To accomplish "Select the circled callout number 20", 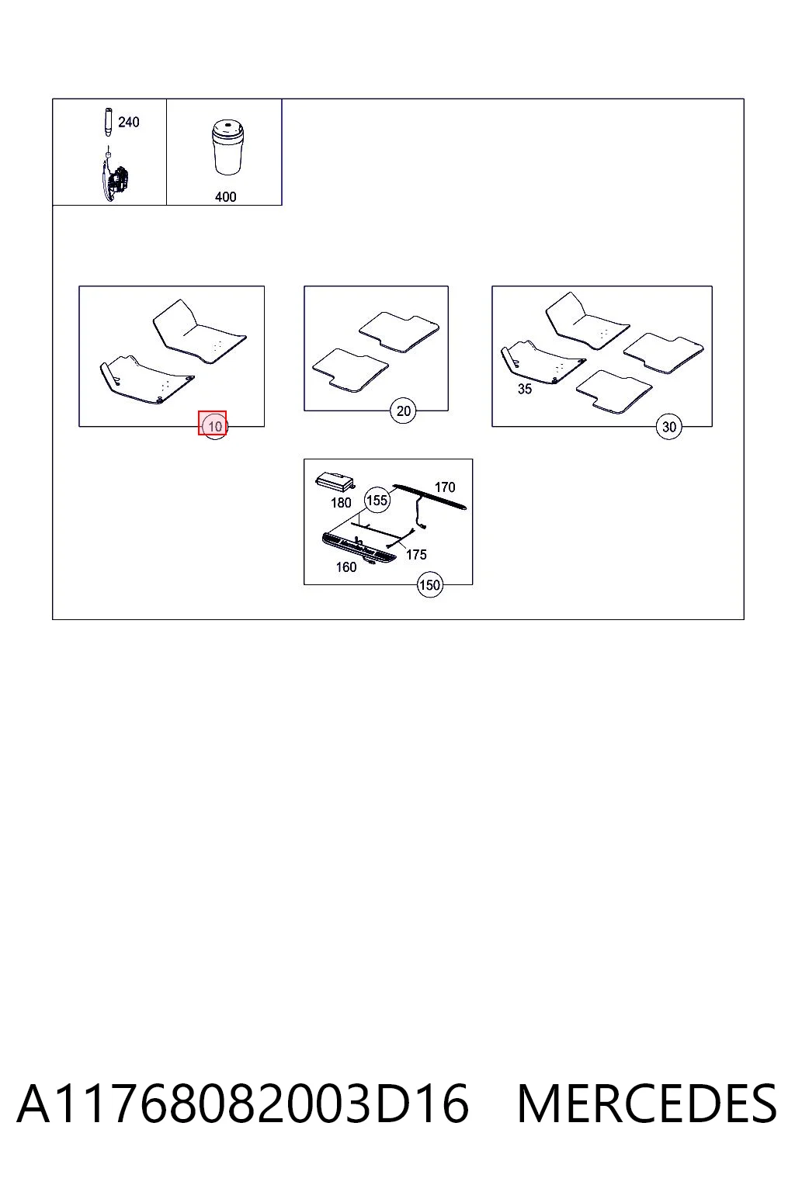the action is click(x=403, y=411).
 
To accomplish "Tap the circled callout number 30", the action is click(x=668, y=427).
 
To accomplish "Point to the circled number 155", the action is click(x=377, y=501).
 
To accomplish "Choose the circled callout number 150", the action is click(x=429, y=585).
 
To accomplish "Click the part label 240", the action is click(x=128, y=123).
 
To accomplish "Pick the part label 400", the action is click(x=225, y=197).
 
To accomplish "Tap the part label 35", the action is click(x=525, y=389).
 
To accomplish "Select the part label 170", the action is click(x=445, y=487).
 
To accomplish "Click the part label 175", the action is click(x=416, y=555).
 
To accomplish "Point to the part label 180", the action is click(x=341, y=503).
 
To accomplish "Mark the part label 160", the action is click(x=346, y=567).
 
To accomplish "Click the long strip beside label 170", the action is click(x=430, y=497).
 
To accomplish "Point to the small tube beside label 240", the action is click(x=108, y=123).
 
